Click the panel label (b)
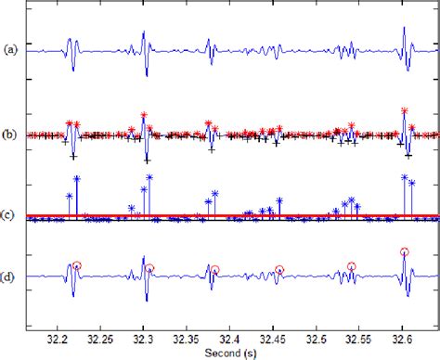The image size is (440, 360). tap(9, 135)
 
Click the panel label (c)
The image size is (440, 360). tap(9, 215)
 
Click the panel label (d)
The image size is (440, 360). tap(9, 275)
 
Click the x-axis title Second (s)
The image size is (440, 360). tap(229, 353)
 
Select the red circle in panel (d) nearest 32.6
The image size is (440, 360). tap(404, 251)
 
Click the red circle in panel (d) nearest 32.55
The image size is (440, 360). tap(352, 266)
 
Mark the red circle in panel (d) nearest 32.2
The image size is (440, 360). tap(77, 265)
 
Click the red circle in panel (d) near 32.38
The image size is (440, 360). tap(214, 270)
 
